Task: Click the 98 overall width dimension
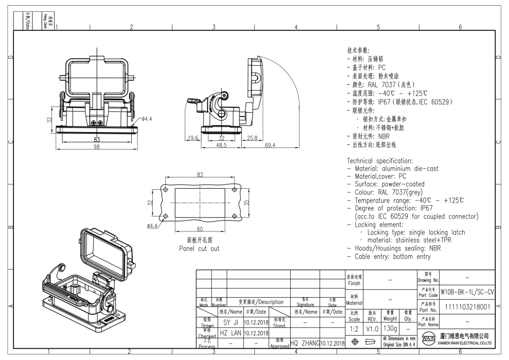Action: pos(96,148)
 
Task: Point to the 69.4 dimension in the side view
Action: pos(270,146)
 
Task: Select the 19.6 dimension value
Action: pos(193,138)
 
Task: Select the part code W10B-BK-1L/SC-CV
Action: pos(467,292)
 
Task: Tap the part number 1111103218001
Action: pos(467,307)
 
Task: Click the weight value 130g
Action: pos(390,328)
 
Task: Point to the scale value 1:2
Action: pos(355,328)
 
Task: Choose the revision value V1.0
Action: pos(372,328)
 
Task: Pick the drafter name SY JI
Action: pos(230,322)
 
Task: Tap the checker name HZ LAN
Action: pos(230,333)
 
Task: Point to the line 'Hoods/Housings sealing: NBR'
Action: pos(397,248)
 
